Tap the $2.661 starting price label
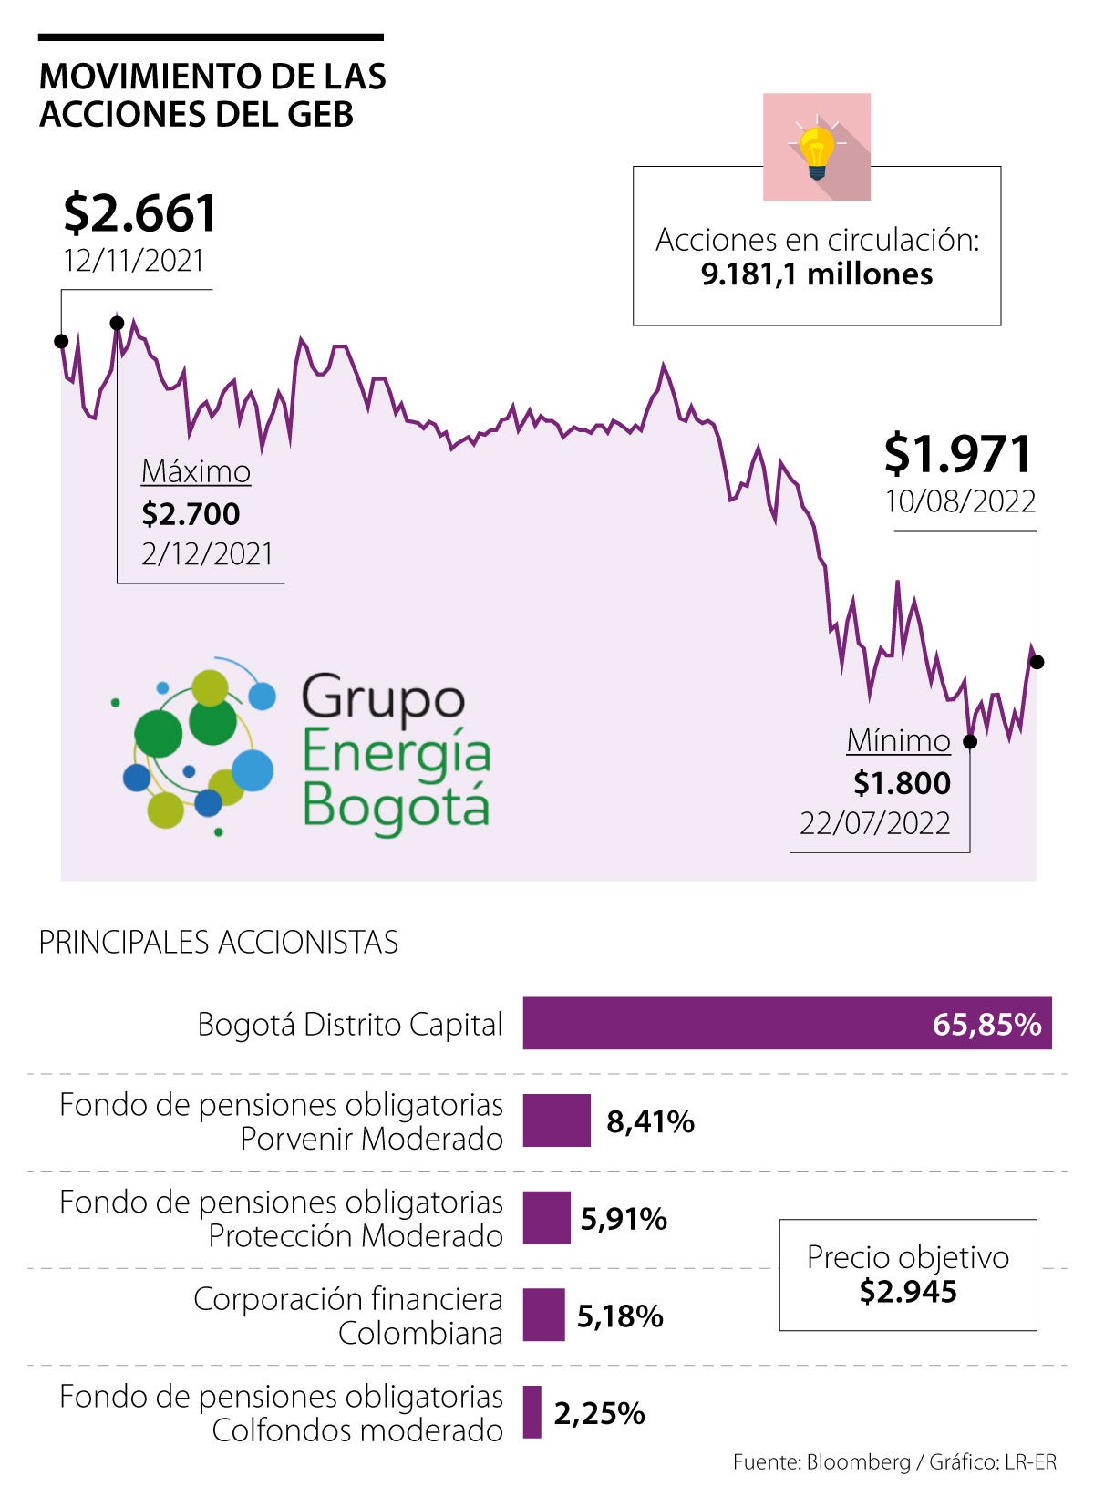point(140,213)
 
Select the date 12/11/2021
point(134,261)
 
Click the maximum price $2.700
point(191,514)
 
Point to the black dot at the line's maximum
point(117,323)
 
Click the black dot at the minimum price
point(970,741)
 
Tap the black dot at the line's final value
point(1037,662)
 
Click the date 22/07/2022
point(874,823)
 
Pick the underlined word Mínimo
point(898,740)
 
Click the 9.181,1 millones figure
point(817,274)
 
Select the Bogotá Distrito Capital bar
point(787,1023)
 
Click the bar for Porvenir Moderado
point(556,1120)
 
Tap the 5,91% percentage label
point(624,1219)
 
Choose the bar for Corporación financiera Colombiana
point(543,1315)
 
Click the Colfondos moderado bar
point(532,1412)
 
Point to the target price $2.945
point(908,1292)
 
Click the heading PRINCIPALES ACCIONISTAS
point(219,942)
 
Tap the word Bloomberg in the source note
point(858,1462)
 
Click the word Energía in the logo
point(396,753)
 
